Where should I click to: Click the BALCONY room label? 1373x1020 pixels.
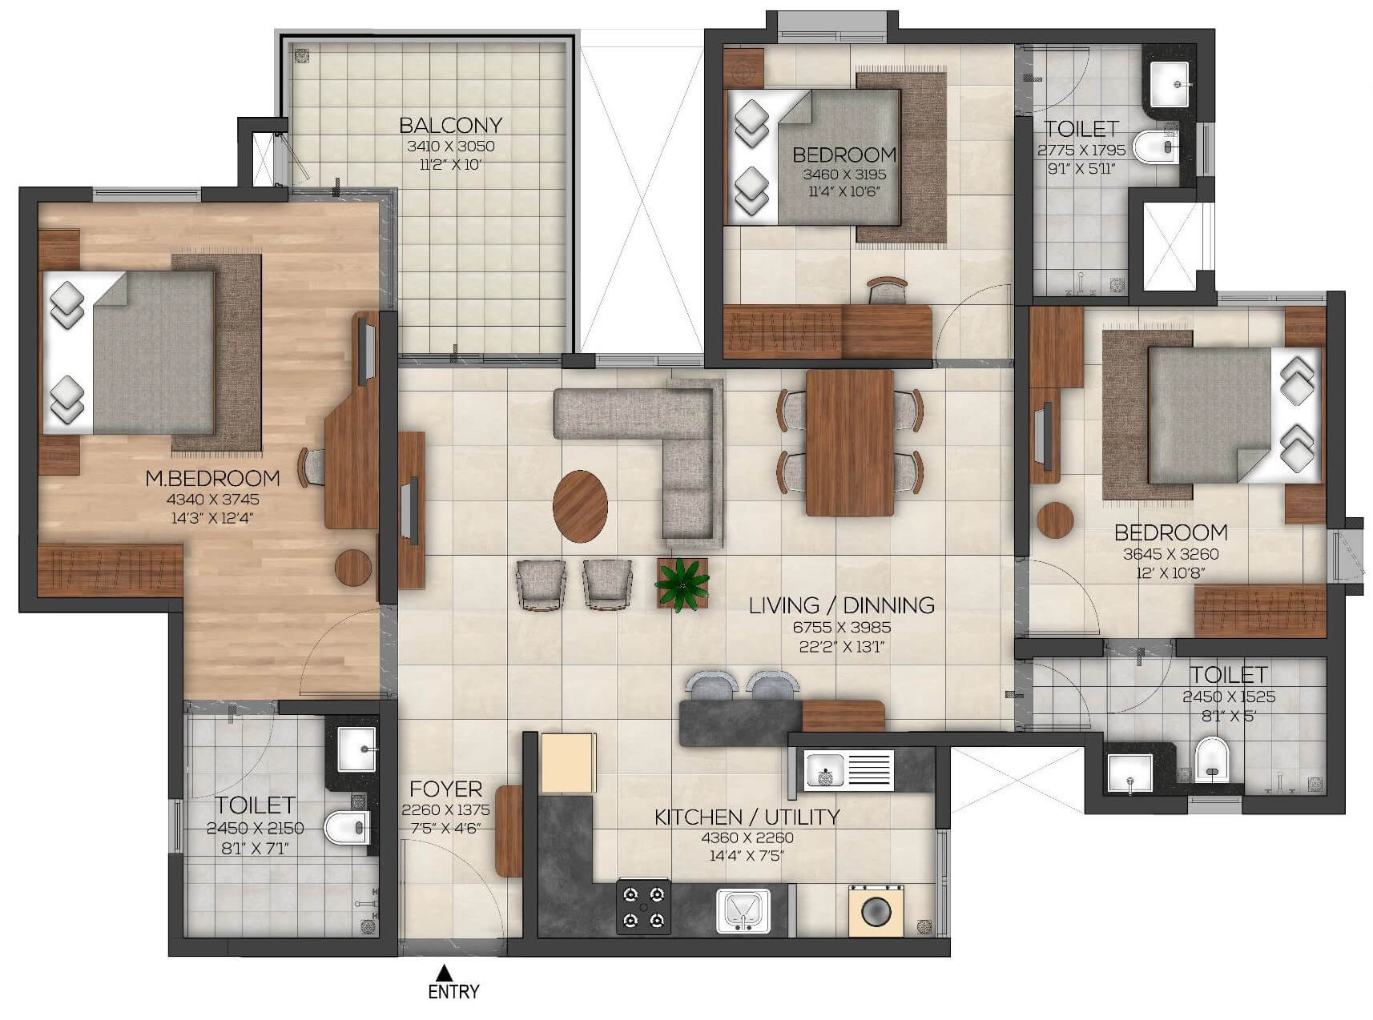click(450, 125)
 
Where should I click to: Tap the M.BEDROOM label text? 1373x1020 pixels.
click(212, 478)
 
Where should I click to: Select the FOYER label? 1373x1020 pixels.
click(445, 789)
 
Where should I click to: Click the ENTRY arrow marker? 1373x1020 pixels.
click(442, 973)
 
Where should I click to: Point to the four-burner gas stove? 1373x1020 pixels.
click(643, 906)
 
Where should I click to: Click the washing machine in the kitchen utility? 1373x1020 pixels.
click(876, 911)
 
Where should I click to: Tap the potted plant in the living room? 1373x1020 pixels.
click(682, 584)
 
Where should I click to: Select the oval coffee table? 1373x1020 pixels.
click(580, 506)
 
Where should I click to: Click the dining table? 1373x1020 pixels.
click(849, 442)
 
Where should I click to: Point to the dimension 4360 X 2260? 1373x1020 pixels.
click(747, 837)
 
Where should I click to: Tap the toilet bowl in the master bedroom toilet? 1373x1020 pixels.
click(346, 829)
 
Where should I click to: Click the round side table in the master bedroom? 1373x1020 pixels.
click(353, 568)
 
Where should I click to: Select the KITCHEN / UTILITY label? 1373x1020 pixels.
click(747, 817)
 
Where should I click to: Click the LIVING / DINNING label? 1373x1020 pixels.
click(841, 605)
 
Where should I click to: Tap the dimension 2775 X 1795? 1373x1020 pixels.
click(1081, 150)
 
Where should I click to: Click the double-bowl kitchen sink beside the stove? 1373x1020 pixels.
click(743, 911)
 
